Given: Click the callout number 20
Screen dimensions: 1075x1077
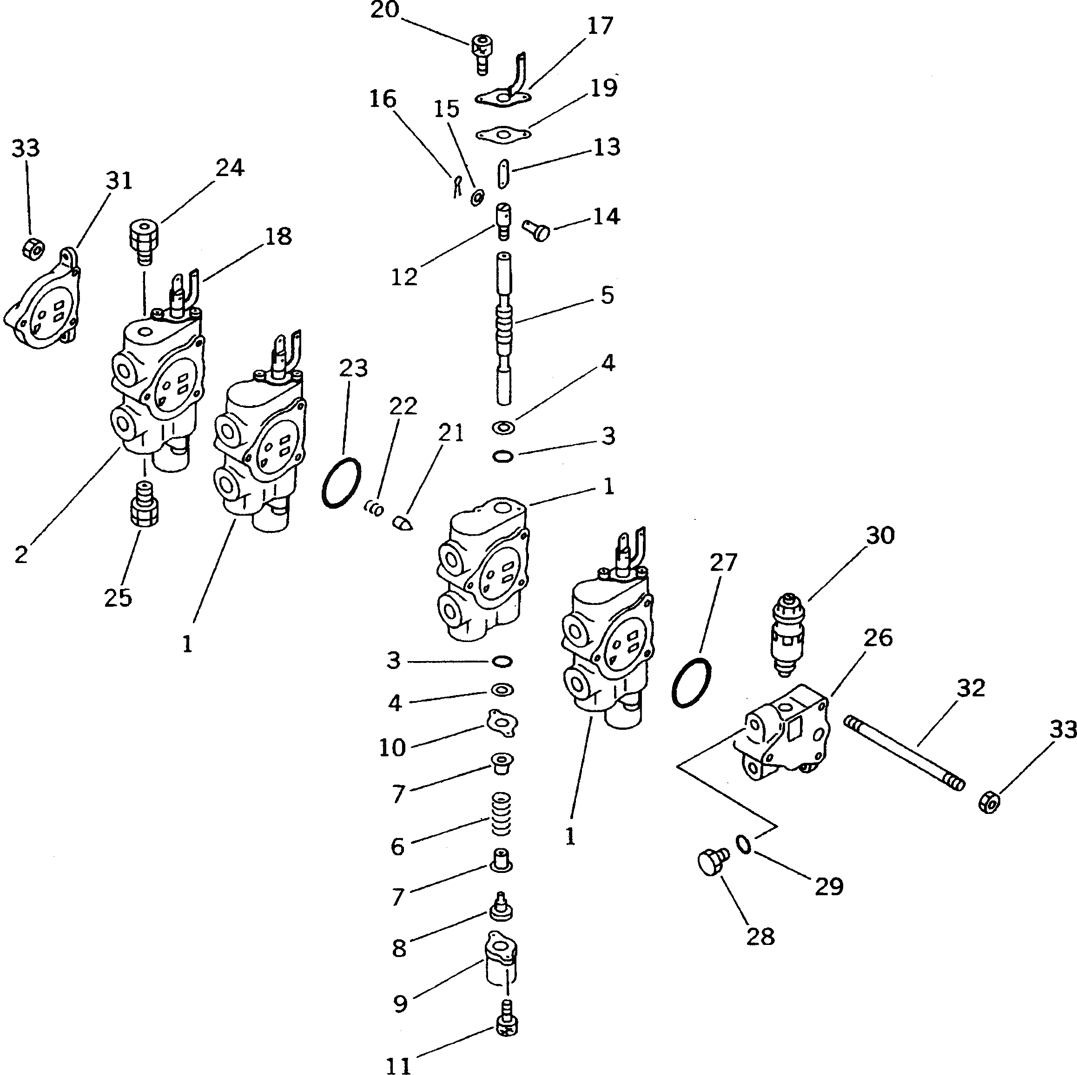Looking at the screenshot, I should coord(385,10).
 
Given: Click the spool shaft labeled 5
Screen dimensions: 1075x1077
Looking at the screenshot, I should coord(504,329).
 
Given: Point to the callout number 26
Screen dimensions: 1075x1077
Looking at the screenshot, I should coord(878,637).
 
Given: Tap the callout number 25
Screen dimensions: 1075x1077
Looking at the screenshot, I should coord(118,597).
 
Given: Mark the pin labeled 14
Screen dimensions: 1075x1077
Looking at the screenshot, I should coord(537,229).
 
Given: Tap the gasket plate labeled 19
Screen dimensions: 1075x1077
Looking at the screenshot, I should coord(503,134).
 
